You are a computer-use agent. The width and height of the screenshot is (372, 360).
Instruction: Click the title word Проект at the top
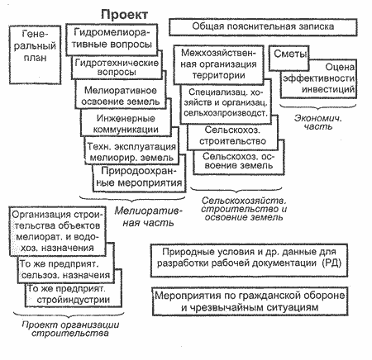point(125,14)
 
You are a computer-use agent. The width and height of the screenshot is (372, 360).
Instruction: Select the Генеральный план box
point(35,54)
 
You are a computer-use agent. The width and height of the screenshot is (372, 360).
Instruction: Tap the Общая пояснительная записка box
point(263,27)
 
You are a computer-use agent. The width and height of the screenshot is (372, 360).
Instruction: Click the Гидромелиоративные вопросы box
point(112,39)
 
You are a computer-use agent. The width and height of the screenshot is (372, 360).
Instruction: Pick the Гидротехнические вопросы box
point(117,68)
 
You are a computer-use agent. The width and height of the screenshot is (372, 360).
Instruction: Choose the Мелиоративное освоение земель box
point(121,96)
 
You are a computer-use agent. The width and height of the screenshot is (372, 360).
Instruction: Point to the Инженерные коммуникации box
point(126,124)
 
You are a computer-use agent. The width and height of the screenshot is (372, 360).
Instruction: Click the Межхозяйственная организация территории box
point(218,64)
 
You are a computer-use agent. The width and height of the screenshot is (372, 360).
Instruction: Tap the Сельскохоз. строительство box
point(232,135)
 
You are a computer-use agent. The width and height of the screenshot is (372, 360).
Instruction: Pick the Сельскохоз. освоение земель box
point(239,161)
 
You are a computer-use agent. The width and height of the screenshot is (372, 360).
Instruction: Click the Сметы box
point(289,58)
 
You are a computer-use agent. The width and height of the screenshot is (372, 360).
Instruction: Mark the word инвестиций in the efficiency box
point(328,89)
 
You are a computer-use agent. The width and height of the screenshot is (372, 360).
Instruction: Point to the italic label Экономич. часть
point(318,122)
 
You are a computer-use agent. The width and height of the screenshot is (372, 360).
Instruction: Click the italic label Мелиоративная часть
point(148,216)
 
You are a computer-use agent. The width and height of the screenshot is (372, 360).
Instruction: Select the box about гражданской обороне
point(250,301)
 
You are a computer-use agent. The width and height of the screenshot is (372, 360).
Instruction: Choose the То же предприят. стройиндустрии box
point(74,295)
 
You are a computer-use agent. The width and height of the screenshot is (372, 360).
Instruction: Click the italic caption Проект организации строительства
point(70,329)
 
